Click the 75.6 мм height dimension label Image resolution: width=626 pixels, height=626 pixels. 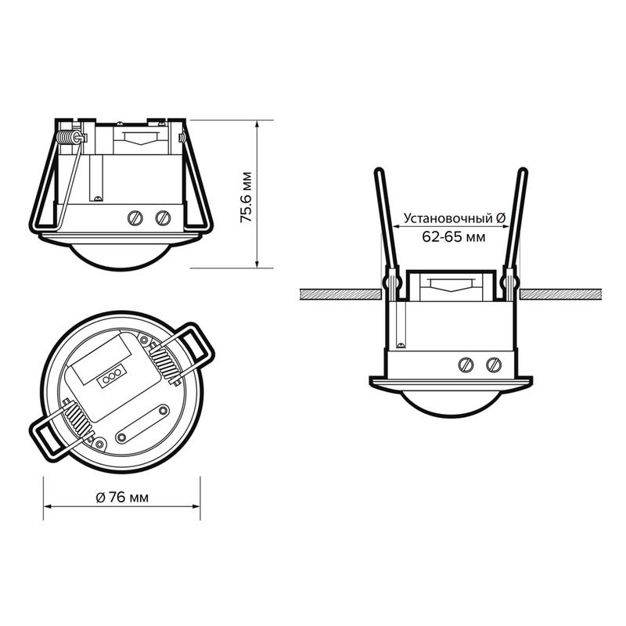pyautogui.click(x=246, y=197)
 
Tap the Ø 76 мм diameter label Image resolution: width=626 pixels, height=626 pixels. pyautogui.click(x=122, y=498)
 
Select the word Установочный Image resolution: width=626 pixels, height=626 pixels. pyautogui.click(x=448, y=219)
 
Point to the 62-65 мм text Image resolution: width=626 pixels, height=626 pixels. pyautogui.click(x=454, y=237)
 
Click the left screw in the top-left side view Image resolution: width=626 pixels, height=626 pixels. pyautogui.click(x=135, y=218)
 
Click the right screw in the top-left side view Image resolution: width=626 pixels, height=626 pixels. pyautogui.click(x=163, y=218)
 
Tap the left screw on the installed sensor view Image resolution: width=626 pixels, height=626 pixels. pyautogui.click(x=466, y=365)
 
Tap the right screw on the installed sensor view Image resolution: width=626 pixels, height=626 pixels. pyautogui.click(x=494, y=365)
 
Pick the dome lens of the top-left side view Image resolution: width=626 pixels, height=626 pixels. pyautogui.click(x=121, y=257)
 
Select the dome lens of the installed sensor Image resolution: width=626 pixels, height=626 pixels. pyautogui.click(x=452, y=404)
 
